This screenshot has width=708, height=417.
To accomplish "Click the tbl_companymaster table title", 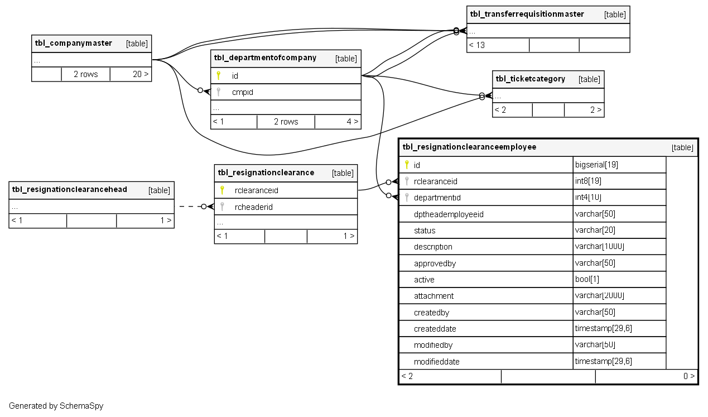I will [73, 43].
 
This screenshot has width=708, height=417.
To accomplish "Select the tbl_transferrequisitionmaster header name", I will [527, 14].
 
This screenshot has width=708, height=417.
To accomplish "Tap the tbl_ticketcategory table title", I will [530, 79].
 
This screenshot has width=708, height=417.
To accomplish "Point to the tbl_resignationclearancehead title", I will [69, 190].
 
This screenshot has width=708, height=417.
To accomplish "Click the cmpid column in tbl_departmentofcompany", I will [242, 92].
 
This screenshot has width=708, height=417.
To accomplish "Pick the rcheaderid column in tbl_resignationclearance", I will [253, 207].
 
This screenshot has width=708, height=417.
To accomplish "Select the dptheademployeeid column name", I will [448, 214].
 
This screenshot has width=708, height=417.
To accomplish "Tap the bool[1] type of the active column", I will [587, 279].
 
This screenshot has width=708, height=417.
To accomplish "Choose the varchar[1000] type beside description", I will [599, 247].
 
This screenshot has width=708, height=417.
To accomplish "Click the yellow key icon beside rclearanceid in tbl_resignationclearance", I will [222, 190].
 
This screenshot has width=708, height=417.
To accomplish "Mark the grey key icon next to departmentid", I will [407, 197].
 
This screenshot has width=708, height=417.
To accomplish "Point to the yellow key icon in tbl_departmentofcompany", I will [219, 75].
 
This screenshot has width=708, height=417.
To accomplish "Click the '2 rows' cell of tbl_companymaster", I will [85, 74].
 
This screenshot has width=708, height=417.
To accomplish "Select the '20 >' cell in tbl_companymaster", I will [140, 74].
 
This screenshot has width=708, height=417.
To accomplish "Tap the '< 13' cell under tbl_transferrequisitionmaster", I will [477, 45].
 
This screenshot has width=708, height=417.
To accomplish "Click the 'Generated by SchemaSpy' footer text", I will [56, 406].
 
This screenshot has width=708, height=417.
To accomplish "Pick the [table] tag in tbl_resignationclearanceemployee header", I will [682, 147].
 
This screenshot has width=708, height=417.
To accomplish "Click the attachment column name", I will [434, 296].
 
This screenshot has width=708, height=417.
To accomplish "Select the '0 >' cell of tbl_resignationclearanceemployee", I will [689, 376].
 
